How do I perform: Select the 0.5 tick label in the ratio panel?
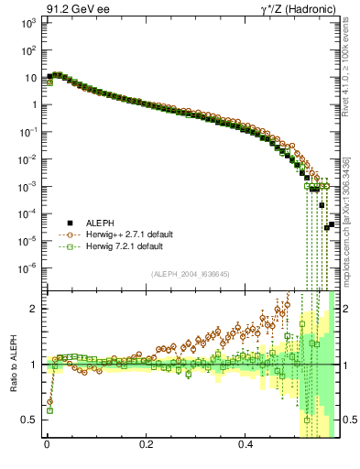pos(29,420)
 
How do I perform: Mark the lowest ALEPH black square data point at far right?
pos(327,227)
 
